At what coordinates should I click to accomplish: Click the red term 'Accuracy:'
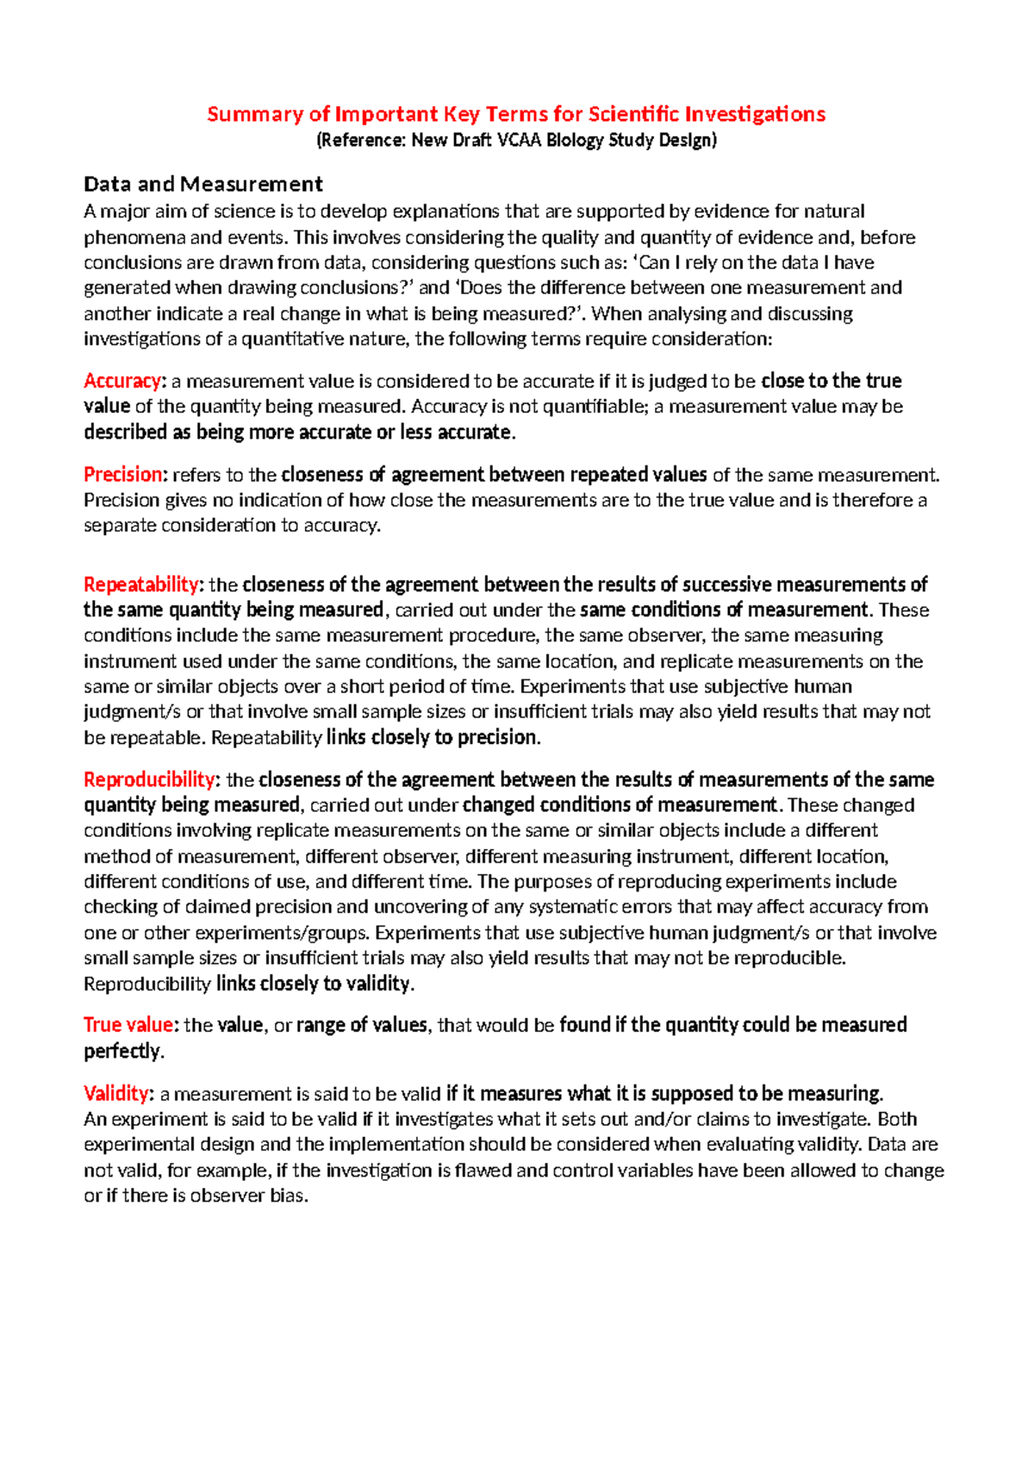tap(122, 381)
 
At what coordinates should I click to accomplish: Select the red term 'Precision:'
tap(124, 475)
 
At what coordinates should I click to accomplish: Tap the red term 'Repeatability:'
tap(142, 584)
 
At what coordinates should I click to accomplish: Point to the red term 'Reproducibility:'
tap(151, 780)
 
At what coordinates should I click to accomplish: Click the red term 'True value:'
tap(130, 1025)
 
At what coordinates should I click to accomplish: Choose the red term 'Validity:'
tap(118, 1094)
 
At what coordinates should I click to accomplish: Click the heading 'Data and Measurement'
tap(202, 184)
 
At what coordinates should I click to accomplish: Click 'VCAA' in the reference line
tap(520, 141)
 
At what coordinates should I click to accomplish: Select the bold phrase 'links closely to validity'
tap(314, 984)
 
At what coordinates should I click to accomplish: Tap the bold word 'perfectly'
tap(121, 1052)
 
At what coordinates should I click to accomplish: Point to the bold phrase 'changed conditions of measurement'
tap(620, 805)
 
